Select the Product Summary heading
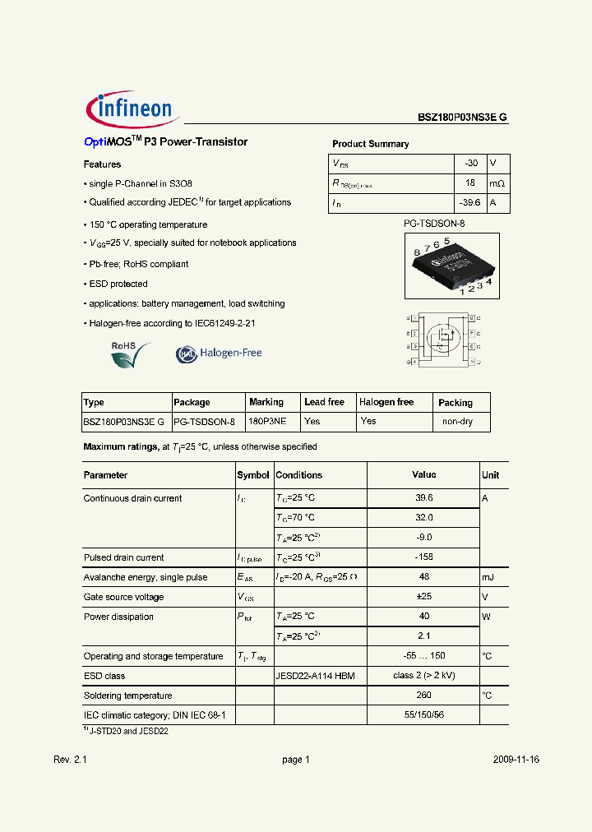pos(370,144)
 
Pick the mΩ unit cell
pos(497,183)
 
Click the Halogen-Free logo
pos(219,354)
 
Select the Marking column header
pos(266,402)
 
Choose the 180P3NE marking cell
pos(267,421)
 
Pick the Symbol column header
pos(253,475)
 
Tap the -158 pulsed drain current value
pos(423,557)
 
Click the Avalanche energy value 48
pos(423,577)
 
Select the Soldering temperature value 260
pos(423,696)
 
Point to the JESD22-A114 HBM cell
pos(315,676)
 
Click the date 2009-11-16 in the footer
pos(516,760)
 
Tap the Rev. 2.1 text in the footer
pos(70,760)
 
